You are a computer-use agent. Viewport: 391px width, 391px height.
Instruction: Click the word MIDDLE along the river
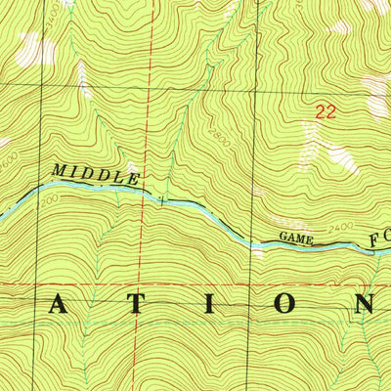[95, 174]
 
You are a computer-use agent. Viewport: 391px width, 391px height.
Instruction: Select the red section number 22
[326, 112]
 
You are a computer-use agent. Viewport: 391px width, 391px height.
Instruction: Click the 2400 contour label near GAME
[339, 231]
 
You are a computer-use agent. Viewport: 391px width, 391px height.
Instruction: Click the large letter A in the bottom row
[58, 305]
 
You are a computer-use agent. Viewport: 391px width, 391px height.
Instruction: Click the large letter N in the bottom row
[364, 305]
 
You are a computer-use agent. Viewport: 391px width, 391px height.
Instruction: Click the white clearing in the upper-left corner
[34, 49]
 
